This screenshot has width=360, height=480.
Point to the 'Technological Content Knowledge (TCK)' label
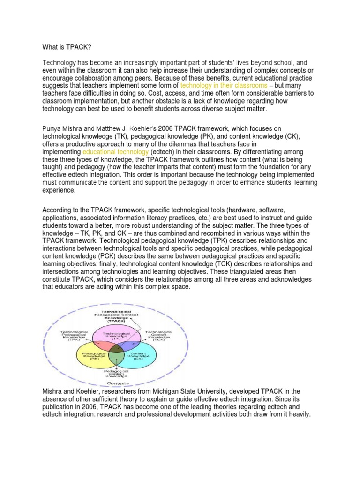159,335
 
